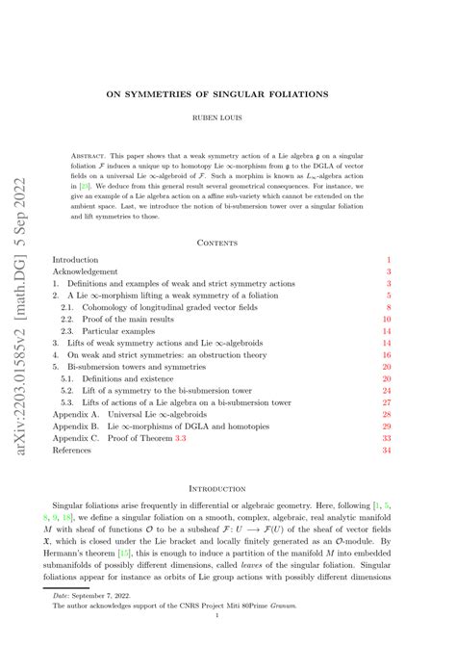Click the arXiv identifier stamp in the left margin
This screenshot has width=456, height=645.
[x=20, y=323]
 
